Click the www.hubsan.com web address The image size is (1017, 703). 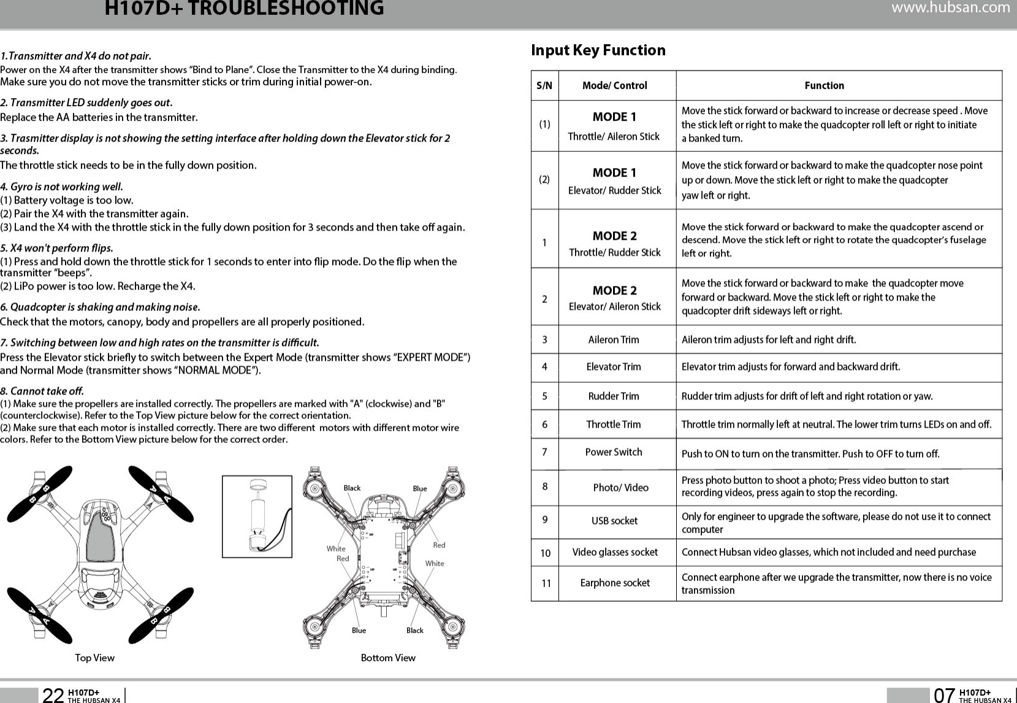950,8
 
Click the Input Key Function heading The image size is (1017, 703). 598,50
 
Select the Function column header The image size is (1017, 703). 824,85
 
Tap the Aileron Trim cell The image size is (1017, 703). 614,340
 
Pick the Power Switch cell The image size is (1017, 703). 614,452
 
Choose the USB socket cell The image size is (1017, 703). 614,521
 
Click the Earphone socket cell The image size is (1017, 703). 615,583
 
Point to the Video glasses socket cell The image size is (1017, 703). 615,552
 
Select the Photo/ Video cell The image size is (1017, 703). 620,488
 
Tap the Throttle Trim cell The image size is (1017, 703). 614,424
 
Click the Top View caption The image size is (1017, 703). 94,658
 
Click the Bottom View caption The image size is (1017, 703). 388,658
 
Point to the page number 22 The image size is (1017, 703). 53,694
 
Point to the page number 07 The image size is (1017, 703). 944,694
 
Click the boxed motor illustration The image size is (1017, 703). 257,517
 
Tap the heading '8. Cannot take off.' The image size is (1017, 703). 42,391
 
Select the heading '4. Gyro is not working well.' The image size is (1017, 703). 61,186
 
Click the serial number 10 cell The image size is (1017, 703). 545,553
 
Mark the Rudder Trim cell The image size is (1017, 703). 614,396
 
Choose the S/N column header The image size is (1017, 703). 544,86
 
